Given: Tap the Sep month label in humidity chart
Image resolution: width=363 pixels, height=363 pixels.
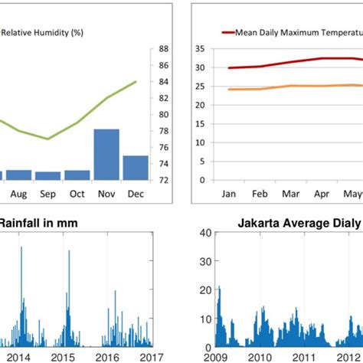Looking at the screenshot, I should coord(47,195).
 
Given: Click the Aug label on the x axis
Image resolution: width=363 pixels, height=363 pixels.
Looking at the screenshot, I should coord(19,195).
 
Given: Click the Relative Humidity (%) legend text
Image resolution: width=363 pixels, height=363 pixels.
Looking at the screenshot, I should coord(43,32).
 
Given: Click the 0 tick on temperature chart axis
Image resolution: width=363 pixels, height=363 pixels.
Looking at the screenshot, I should coord(201,181).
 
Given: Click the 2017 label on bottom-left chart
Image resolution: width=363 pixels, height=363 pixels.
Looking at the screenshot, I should coord(142,356).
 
